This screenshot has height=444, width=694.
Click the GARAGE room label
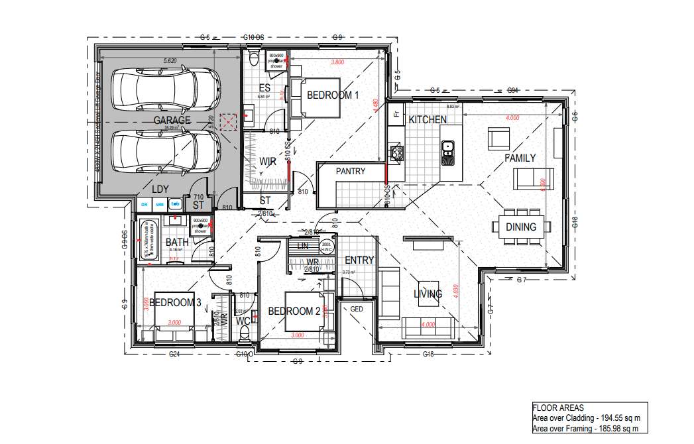(x=172, y=121)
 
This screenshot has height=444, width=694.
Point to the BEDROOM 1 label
(x=333, y=95)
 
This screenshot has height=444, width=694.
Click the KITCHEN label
(x=428, y=120)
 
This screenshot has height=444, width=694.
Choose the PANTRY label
(x=351, y=172)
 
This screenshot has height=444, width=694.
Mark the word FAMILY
(x=520, y=158)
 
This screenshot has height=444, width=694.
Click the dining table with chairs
(x=521, y=226)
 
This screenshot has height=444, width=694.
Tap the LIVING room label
(x=428, y=294)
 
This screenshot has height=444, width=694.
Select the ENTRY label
(x=359, y=260)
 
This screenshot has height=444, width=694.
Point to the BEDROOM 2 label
(x=294, y=311)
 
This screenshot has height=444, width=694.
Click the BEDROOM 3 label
(x=175, y=303)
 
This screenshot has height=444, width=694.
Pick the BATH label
(x=177, y=243)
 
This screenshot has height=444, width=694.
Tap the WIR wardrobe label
(x=268, y=162)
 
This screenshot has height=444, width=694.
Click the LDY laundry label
(x=160, y=190)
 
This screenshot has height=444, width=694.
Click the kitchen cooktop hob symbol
(x=398, y=154)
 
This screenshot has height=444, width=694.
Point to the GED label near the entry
(x=357, y=309)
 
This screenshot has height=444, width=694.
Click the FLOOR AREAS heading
(x=558, y=408)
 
